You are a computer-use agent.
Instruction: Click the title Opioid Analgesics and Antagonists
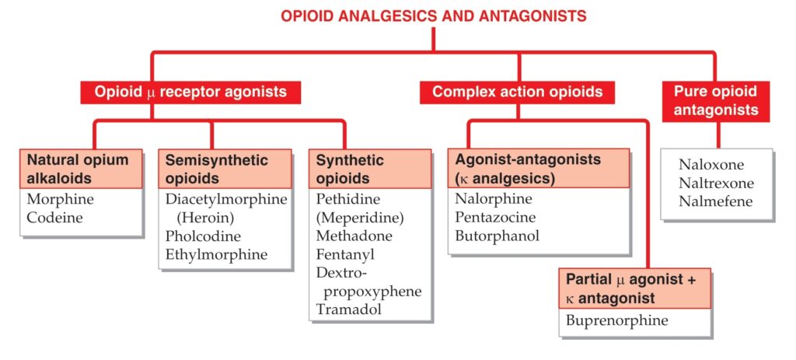pos(434,16)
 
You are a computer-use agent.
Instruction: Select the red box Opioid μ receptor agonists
pos(190,93)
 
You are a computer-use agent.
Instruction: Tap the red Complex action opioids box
pos(517,93)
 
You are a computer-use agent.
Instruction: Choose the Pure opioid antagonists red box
pos(716,101)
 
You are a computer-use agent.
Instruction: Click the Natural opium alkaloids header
pos(81,169)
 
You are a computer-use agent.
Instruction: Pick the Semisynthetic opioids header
pos(225,169)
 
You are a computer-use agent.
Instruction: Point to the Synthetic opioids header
pos(370,169)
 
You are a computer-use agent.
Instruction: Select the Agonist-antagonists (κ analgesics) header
pos(539,169)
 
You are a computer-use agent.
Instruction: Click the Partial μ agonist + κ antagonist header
pos(634,288)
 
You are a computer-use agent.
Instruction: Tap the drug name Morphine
pos(61,199)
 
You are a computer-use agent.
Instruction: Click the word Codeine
pos(54,217)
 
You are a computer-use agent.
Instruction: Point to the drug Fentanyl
pos(345,254)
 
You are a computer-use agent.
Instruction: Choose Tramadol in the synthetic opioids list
pos(349,309)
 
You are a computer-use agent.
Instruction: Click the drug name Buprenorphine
pos(617,321)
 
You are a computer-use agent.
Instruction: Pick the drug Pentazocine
pos(495,217)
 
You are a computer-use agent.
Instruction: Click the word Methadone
pos(354,236)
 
